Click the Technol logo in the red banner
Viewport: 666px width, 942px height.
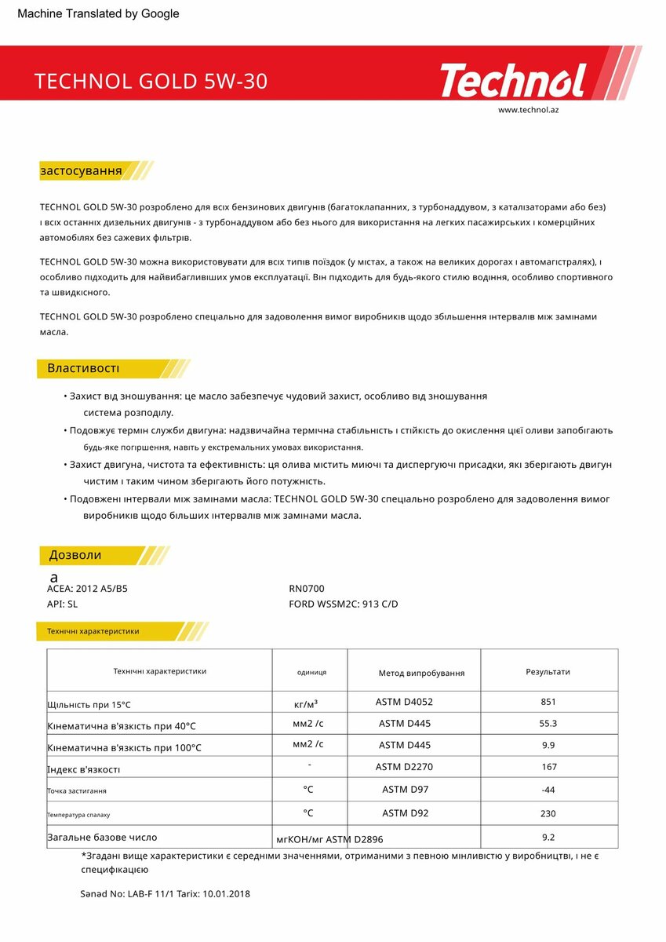click(x=513, y=81)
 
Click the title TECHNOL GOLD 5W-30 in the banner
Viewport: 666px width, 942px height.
click(x=151, y=82)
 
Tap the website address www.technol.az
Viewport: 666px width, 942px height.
click(x=528, y=110)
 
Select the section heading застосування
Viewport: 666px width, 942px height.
click(x=81, y=170)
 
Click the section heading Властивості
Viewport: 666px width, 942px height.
click(x=83, y=368)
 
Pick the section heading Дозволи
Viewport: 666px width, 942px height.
click(x=75, y=555)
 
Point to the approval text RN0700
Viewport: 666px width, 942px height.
click(x=307, y=589)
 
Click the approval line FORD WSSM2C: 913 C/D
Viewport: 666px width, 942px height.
click(x=344, y=604)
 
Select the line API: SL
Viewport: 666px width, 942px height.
click(x=63, y=604)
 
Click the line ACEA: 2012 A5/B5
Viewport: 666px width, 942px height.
click(x=87, y=589)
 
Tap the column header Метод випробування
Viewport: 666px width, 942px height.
click(x=421, y=673)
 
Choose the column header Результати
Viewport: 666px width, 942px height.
click(x=548, y=672)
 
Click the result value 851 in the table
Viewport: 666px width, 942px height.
click(x=548, y=702)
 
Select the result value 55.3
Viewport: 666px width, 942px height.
click(x=548, y=724)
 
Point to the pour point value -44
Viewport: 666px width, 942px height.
click(x=548, y=790)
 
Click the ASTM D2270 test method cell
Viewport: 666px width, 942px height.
click(x=404, y=767)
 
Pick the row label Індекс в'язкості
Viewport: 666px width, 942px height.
click(x=84, y=769)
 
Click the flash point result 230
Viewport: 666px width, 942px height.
click(x=548, y=814)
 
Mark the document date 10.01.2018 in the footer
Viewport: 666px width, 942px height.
click(x=226, y=893)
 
